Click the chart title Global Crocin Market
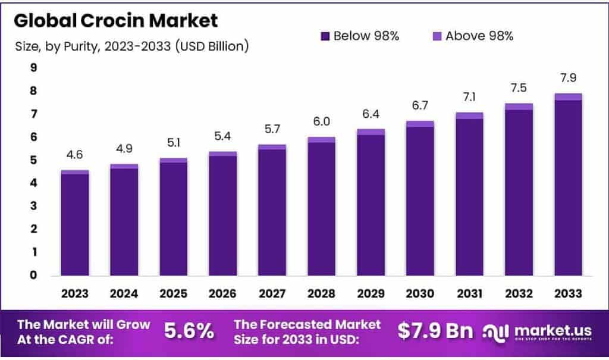click(x=116, y=20)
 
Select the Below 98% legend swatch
click(x=325, y=36)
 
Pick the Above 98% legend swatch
click(x=437, y=36)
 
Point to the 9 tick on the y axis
click(x=34, y=68)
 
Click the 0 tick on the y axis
click(x=34, y=275)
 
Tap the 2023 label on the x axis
click(x=75, y=293)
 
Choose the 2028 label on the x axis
click(x=321, y=293)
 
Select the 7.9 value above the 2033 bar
click(x=568, y=79)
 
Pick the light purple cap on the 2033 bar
click(x=568, y=96)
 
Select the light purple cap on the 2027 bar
click(x=272, y=147)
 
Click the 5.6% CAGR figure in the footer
click(x=189, y=332)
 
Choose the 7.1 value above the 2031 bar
click(x=469, y=98)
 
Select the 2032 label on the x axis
click(x=519, y=293)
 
